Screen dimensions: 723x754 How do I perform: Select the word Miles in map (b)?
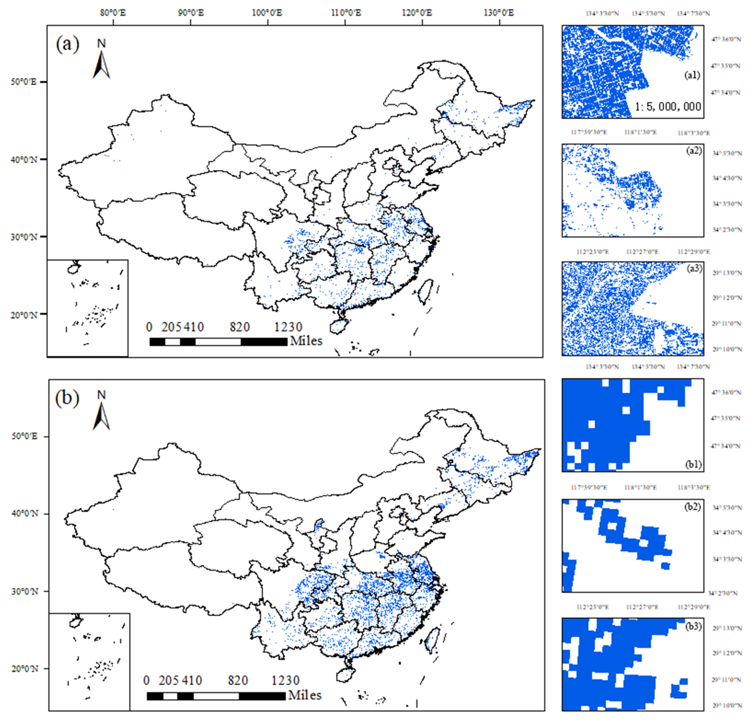tap(305, 695)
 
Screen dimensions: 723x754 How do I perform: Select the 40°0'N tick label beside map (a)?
tap(24, 160)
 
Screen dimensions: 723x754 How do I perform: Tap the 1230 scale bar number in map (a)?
tap(288, 327)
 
